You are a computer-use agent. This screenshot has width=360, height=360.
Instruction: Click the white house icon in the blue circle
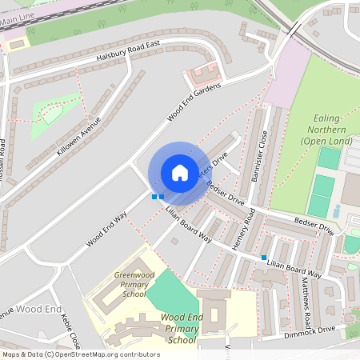tap(180, 172)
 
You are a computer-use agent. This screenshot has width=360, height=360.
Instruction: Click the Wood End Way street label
tap(108, 232)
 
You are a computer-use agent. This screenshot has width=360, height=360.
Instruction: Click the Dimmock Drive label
tap(313, 332)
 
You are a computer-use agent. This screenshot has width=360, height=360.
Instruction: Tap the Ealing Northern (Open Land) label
tap(326, 130)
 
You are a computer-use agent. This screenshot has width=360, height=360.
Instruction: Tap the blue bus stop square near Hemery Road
tap(264, 257)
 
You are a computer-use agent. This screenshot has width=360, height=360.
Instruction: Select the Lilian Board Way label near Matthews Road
tap(294, 269)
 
